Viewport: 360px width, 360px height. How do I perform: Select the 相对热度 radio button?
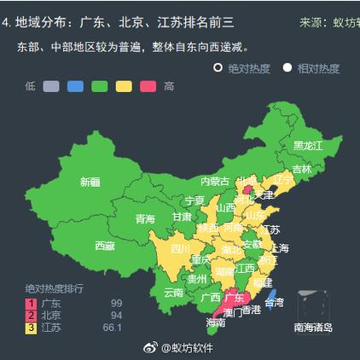(287, 67)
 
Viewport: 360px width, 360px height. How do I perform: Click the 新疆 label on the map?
(90, 182)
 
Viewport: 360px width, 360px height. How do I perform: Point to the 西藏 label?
(105, 246)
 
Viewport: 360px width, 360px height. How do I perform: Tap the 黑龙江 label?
(308, 146)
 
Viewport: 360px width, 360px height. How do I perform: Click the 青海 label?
(145, 219)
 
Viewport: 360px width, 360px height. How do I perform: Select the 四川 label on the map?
(180, 249)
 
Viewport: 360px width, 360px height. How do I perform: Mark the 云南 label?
(173, 292)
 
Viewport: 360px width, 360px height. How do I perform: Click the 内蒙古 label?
(215, 181)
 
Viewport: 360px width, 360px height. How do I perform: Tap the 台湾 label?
(274, 302)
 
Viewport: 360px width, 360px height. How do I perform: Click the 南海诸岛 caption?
(313, 328)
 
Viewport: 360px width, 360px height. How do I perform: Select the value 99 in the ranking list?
(117, 303)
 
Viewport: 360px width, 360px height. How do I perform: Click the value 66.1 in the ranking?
(113, 327)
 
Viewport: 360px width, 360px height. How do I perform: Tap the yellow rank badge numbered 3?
(32, 327)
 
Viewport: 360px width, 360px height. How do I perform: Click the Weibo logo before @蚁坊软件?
(150, 347)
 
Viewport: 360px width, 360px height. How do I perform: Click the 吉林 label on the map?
(302, 169)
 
